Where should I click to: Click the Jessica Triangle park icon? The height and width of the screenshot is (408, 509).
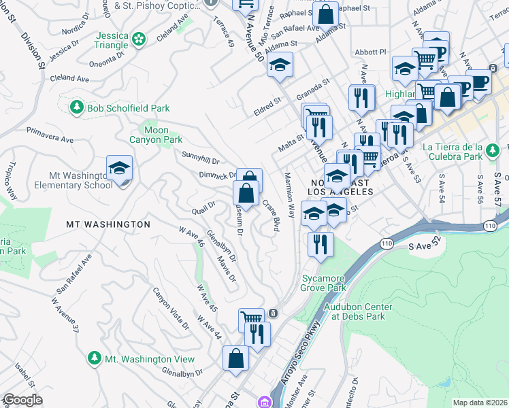point(139,39)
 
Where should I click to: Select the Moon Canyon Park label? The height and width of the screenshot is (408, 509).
point(156,135)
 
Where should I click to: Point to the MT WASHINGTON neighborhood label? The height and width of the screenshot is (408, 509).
point(108,224)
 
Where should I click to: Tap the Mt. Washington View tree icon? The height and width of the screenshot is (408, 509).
point(95,358)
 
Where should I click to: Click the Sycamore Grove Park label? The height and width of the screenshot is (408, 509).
point(323,284)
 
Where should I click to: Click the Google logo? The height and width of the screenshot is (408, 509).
point(22,400)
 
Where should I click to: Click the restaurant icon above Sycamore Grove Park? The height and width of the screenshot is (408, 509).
point(320,244)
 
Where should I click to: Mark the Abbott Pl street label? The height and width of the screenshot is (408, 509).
point(370,52)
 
